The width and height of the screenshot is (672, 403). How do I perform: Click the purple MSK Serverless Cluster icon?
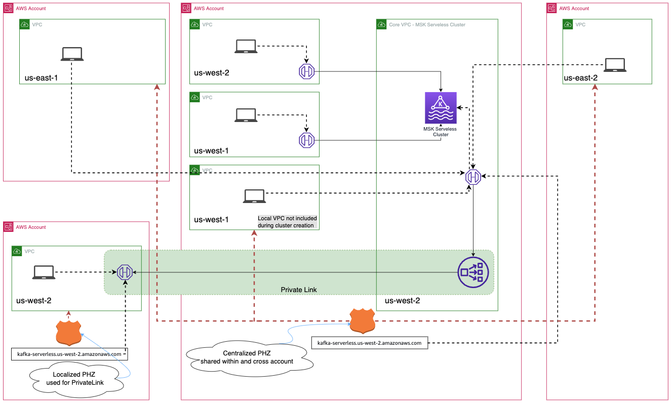click(x=440, y=107)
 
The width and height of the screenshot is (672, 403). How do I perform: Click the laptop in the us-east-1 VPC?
click(x=72, y=54)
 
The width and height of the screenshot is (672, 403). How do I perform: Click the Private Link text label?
click(x=299, y=290)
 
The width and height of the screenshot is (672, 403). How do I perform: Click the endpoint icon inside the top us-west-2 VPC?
click(x=306, y=72)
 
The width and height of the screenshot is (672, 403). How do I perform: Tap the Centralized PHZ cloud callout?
click(x=247, y=357)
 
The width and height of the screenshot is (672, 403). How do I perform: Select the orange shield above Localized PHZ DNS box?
click(x=69, y=333)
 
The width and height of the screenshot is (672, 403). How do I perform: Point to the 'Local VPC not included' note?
click(x=287, y=222)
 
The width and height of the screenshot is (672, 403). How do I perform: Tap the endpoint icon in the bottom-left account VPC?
click(x=125, y=272)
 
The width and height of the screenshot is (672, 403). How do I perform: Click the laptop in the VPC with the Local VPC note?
click(x=254, y=196)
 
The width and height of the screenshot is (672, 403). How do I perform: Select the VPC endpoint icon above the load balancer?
click(x=473, y=176)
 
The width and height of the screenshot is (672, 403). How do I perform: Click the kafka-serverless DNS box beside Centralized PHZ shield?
click(x=369, y=343)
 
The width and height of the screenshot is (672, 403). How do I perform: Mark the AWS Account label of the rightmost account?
click(x=574, y=9)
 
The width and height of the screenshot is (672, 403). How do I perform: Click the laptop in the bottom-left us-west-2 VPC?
click(x=44, y=272)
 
